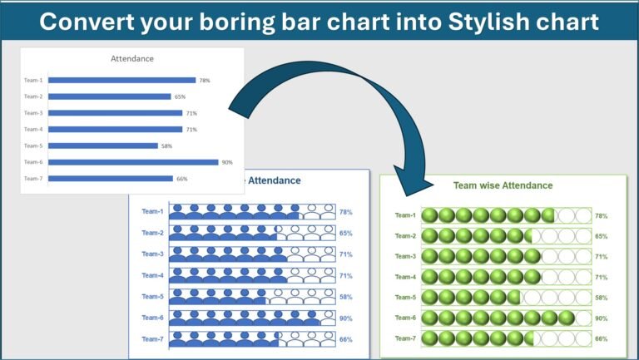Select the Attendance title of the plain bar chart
click(132, 59)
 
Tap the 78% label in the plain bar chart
click(204, 81)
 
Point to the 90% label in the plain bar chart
click(226, 162)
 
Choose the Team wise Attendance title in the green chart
click(503, 185)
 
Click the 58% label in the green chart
click(601, 298)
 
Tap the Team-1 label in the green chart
click(405, 215)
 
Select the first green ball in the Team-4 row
click(430, 277)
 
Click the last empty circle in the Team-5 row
click(583, 297)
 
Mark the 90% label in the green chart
click(601, 318)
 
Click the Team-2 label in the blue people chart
click(152, 233)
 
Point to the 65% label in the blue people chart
click(345, 234)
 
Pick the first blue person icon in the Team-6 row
click(177, 318)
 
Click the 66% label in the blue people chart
click(345, 339)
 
